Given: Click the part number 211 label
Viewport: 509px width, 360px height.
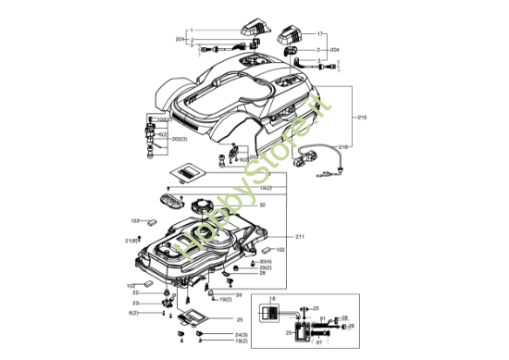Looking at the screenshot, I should [300, 237].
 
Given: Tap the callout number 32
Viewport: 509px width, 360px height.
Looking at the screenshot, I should [263, 205].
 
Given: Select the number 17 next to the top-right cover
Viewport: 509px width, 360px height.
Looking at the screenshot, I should [321, 32].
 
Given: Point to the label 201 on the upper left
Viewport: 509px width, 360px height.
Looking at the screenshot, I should [180, 40].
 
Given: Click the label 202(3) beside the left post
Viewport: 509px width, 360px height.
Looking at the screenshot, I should [180, 139].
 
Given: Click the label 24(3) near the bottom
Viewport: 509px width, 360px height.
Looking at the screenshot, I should [241, 333].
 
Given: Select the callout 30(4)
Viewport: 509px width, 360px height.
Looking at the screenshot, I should [264, 261].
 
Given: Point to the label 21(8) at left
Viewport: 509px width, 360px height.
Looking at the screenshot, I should [132, 241].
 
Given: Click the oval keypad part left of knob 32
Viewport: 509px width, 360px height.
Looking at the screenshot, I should [171, 201].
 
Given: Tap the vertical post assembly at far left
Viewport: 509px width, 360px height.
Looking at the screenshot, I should [148, 137].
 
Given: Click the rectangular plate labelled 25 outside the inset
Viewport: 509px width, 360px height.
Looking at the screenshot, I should [194, 319].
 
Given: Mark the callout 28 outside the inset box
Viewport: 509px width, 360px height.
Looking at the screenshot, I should [262, 274].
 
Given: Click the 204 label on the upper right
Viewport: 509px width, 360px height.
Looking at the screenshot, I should [334, 49].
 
